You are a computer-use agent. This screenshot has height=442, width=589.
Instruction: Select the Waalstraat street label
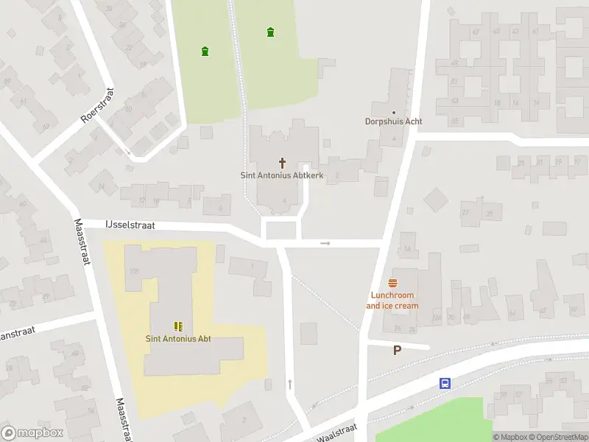[336, 432]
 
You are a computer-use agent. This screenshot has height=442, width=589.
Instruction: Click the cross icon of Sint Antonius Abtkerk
[282, 163]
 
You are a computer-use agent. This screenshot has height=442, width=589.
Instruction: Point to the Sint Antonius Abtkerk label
[282, 175]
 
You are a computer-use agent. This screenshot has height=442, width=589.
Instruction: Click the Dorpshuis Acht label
[394, 122]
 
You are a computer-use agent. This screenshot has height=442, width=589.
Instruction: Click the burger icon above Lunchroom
[392, 283]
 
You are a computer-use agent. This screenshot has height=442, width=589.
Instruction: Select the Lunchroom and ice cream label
[392, 301]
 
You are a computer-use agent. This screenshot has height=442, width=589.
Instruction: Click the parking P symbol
[398, 351]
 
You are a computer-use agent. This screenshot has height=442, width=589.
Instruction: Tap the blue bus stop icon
[445, 383]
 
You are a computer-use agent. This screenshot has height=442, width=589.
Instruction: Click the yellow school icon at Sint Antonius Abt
[177, 326]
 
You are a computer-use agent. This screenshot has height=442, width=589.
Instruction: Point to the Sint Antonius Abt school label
[177, 338]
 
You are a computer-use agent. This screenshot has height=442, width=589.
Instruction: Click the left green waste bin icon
[205, 51]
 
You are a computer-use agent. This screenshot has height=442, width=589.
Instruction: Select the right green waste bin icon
[271, 32]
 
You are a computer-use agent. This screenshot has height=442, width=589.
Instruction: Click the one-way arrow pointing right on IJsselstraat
[325, 242]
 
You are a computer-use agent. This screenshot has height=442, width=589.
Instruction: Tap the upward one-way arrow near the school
[290, 384]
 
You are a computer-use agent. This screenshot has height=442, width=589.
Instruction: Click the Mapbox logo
[32, 433]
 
